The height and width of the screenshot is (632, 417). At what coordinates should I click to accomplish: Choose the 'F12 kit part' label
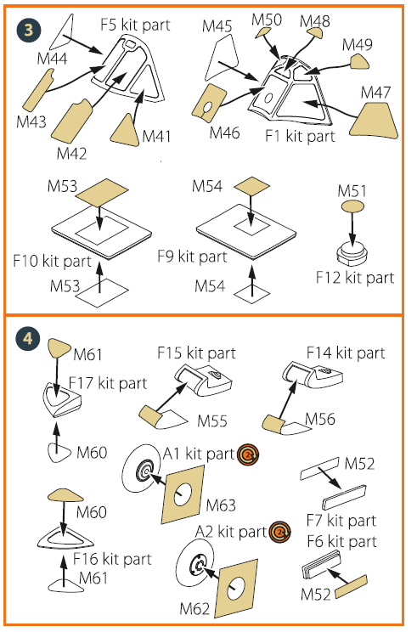point(355,277)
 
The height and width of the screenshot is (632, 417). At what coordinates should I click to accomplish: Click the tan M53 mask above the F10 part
point(100,193)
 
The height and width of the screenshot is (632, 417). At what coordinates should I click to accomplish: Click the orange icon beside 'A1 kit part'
point(248,455)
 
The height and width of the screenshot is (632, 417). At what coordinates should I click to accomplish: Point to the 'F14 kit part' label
point(346,352)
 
